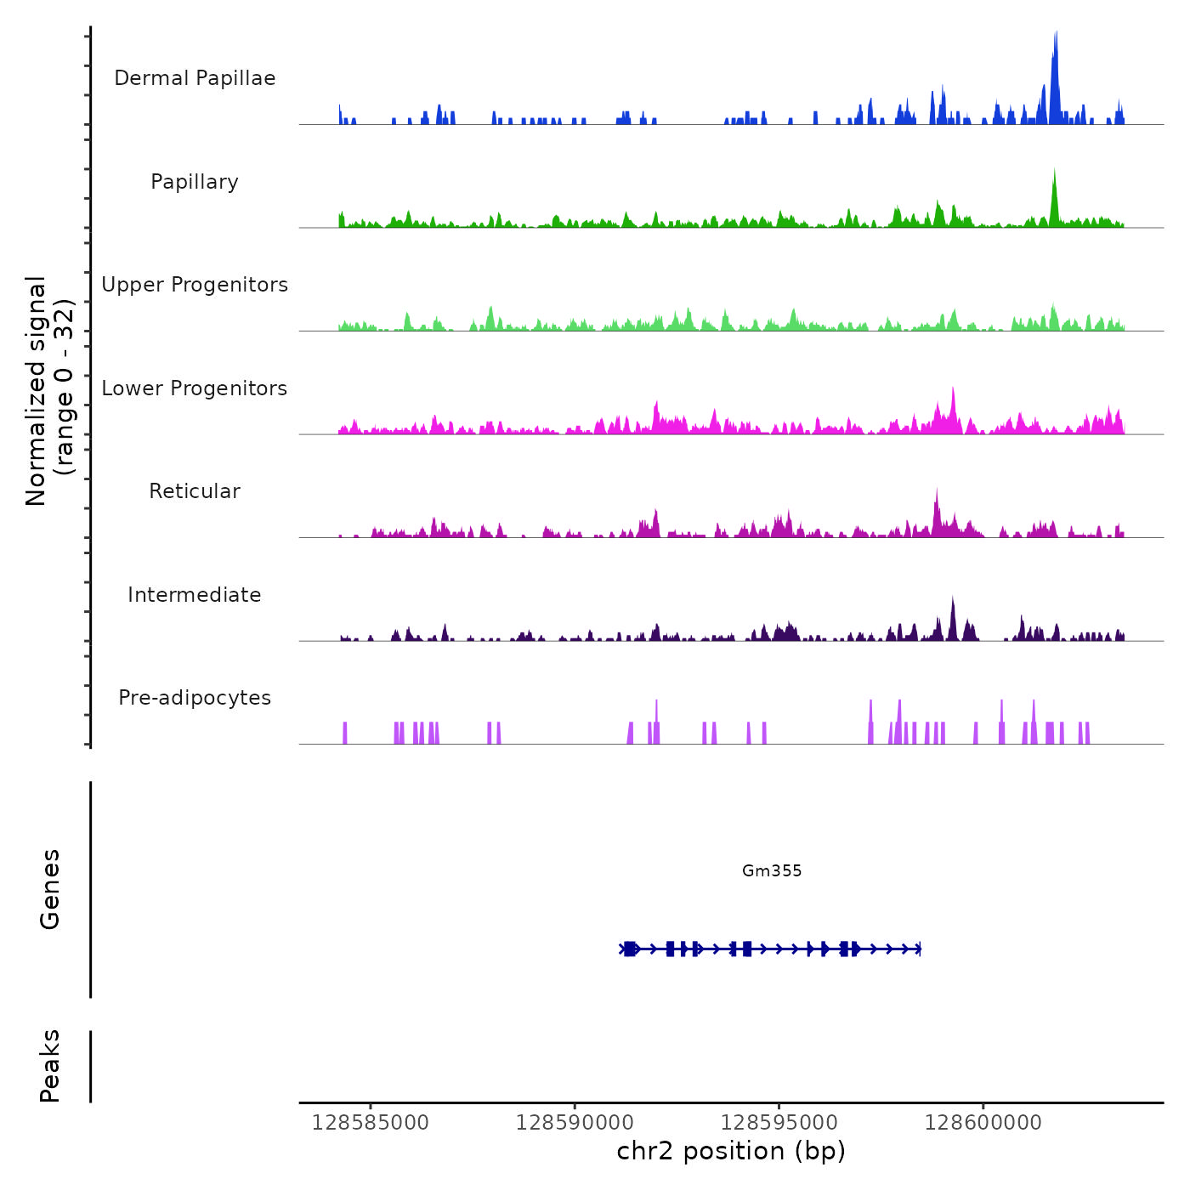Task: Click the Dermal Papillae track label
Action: (195, 78)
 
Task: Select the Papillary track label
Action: (195, 182)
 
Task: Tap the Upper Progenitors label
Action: (195, 285)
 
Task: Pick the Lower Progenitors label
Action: (195, 388)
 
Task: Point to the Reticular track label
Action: (195, 491)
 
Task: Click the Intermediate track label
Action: (195, 595)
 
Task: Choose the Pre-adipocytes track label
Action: (195, 698)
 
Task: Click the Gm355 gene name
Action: (772, 870)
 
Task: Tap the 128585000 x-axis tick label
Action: (371, 1123)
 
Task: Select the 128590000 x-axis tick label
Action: (575, 1123)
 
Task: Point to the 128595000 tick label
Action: (779, 1123)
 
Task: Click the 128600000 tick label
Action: (983, 1123)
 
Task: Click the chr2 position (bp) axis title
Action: (731, 1152)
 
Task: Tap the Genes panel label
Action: (50, 889)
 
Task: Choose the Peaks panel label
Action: (50, 1066)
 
